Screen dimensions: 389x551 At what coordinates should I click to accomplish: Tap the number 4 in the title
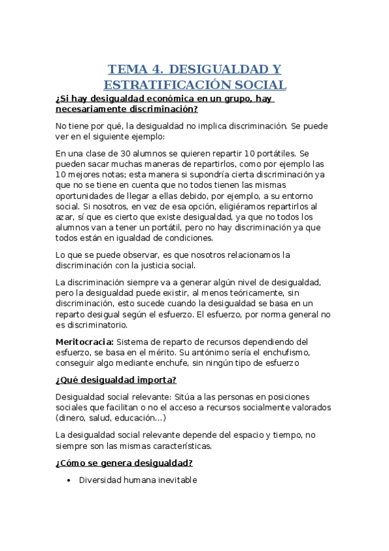coord(156,70)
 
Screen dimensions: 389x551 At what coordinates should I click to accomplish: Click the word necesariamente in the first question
coord(89,109)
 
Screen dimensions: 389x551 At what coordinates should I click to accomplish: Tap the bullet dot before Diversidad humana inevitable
coord(68,480)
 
